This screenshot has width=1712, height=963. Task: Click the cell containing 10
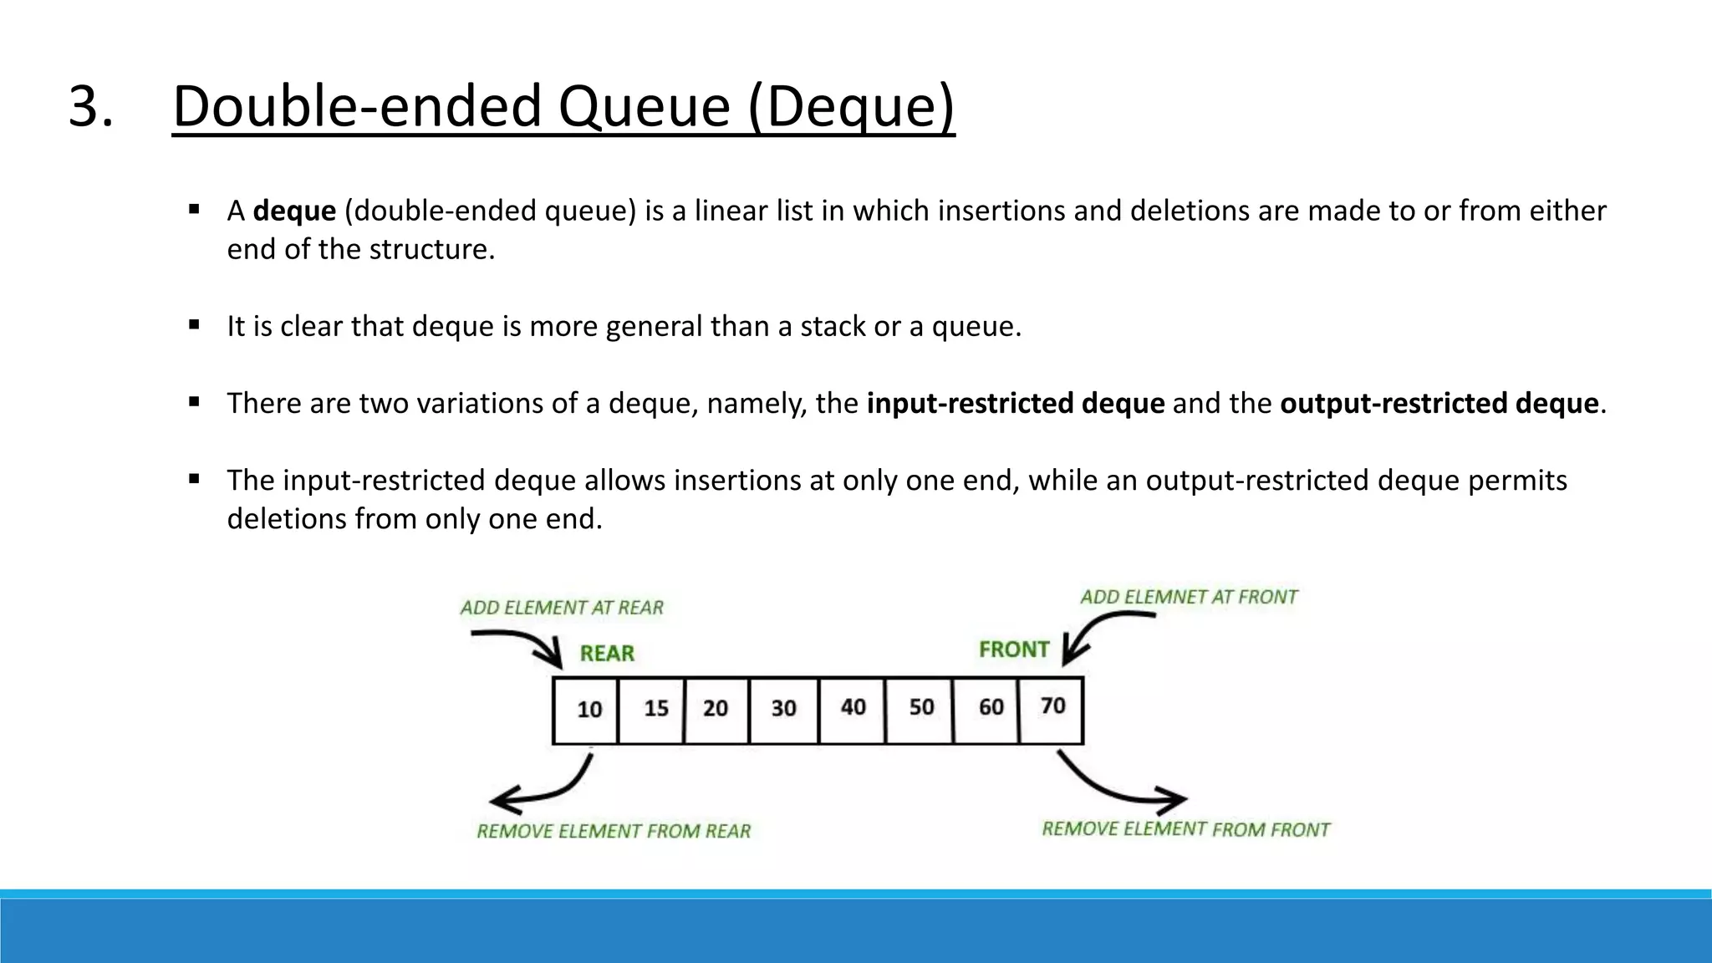587,710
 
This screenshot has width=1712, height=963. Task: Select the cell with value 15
652,710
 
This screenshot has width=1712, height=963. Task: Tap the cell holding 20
717,710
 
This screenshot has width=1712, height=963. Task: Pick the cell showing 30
784,710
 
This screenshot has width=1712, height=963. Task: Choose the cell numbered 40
853,709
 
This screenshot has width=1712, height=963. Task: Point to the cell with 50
920,709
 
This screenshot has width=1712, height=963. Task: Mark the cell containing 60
987,709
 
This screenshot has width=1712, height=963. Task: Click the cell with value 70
1052,708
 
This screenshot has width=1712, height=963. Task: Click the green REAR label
607,654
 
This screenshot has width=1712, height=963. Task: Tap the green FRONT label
1013,650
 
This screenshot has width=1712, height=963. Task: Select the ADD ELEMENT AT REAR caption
562,608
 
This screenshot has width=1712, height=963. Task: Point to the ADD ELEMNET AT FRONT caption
1188,597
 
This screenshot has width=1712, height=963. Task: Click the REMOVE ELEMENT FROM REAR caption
614,831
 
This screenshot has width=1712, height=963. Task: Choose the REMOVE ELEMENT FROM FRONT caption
1185,829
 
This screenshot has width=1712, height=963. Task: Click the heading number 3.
89,106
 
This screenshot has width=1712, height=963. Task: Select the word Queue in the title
644,106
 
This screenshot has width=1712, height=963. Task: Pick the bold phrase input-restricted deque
1015,403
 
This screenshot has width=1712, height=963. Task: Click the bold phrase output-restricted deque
1439,403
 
